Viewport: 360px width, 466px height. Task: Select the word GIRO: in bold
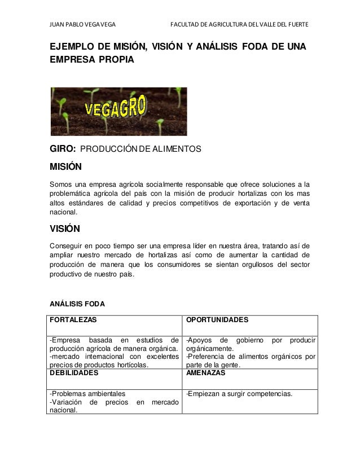tap(63, 150)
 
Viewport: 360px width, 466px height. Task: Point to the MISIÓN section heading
tap(65, 168)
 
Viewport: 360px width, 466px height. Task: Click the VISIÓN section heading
tap(65, 229)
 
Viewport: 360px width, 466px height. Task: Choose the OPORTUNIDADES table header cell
tap(217, 319)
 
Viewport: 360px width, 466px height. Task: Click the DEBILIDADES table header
tap(74, 373)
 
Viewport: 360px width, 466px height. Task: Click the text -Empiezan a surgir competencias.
tap(239, 394)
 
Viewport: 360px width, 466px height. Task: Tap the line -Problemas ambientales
tap(88, 394)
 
